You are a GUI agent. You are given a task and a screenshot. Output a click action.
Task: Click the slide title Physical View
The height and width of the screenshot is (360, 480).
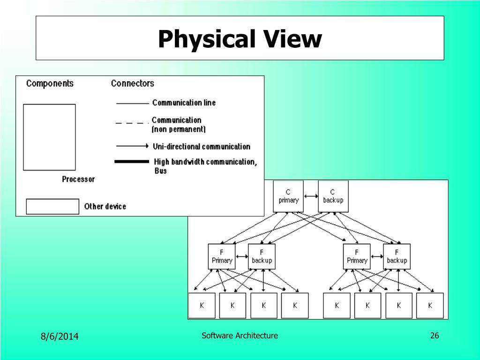(x=240, y=39)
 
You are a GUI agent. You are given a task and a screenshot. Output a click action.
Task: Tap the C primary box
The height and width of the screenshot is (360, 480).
(x=288, y=196)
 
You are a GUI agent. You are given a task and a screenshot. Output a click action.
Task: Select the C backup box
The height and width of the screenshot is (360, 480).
(x=333, y=196)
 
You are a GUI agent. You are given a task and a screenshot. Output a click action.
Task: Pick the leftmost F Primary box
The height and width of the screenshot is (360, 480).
(x=222, y=256)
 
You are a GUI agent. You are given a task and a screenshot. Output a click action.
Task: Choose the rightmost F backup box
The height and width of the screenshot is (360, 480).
(x=397, y=256)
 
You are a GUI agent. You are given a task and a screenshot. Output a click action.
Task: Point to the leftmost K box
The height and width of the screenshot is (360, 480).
(x=202, y=306)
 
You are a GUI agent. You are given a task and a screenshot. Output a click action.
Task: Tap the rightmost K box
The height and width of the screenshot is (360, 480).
(x=430, y=306)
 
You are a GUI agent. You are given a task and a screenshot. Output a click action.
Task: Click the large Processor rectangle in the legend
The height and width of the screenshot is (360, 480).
(x=49, y=137)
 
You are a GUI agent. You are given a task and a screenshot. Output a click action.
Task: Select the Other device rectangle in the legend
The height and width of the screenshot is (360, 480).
(x=52, y=207)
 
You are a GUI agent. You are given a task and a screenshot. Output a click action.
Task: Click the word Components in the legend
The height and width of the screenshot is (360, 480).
(x=50, y=83)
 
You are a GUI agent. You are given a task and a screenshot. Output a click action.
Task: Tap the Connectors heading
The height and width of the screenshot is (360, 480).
(x=132, y=83)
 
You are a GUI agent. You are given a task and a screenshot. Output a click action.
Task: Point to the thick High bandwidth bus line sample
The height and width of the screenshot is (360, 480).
(x=132, y=162)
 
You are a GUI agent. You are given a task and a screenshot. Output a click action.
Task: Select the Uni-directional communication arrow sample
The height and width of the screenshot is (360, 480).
(x=132, y=146)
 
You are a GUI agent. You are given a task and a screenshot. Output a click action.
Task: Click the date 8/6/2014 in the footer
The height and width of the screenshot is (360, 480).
(x=60, y=336)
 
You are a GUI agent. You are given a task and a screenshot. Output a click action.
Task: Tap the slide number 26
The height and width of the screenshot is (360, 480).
(x=434, y=335)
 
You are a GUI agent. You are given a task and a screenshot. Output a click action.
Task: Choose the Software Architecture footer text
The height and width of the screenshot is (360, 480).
(x=240, y=335)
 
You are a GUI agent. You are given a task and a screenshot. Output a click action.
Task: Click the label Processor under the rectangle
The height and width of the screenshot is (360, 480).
(x=78, y=179)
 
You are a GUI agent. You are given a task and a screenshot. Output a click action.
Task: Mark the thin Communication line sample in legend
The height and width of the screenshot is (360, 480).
(x=132, y=103)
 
